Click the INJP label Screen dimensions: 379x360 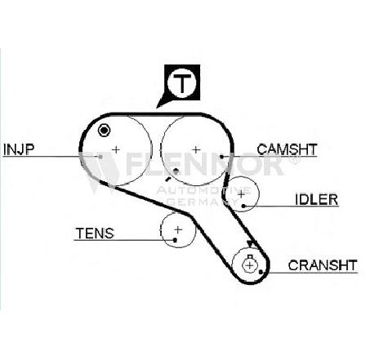(x=19, y=149)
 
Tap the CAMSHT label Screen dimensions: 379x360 (x=287, y=149)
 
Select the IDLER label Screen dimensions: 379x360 (x=316, y=199)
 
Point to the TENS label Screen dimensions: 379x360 (x=95, y=233)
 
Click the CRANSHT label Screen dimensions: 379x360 (x=323, y=265)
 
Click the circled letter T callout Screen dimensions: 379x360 (x=181, y=82)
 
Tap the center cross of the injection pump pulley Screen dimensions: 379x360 (x=116, y=149)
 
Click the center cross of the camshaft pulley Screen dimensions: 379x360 (x=196, y=149)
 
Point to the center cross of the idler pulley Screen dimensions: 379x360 (x=241, y=194)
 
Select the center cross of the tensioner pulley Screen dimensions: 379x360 (x=178, y=230)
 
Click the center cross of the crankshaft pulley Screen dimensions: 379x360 (x=250, y=265)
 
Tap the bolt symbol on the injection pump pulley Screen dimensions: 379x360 (x=104, y=131)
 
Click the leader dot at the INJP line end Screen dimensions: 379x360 (x=100, y=157)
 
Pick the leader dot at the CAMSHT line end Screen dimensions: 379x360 (x=222, y=157)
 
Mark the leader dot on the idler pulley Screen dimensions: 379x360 (x=243, y=207)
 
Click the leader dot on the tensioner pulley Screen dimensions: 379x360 (x=175, y=240)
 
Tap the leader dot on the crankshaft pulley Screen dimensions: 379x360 (x=261, y=272)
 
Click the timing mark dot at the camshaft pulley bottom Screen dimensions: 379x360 (x=176, y=171)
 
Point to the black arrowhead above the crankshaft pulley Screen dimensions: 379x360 (x=250, y=244)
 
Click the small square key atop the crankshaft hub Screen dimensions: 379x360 (x=250, y=256)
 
